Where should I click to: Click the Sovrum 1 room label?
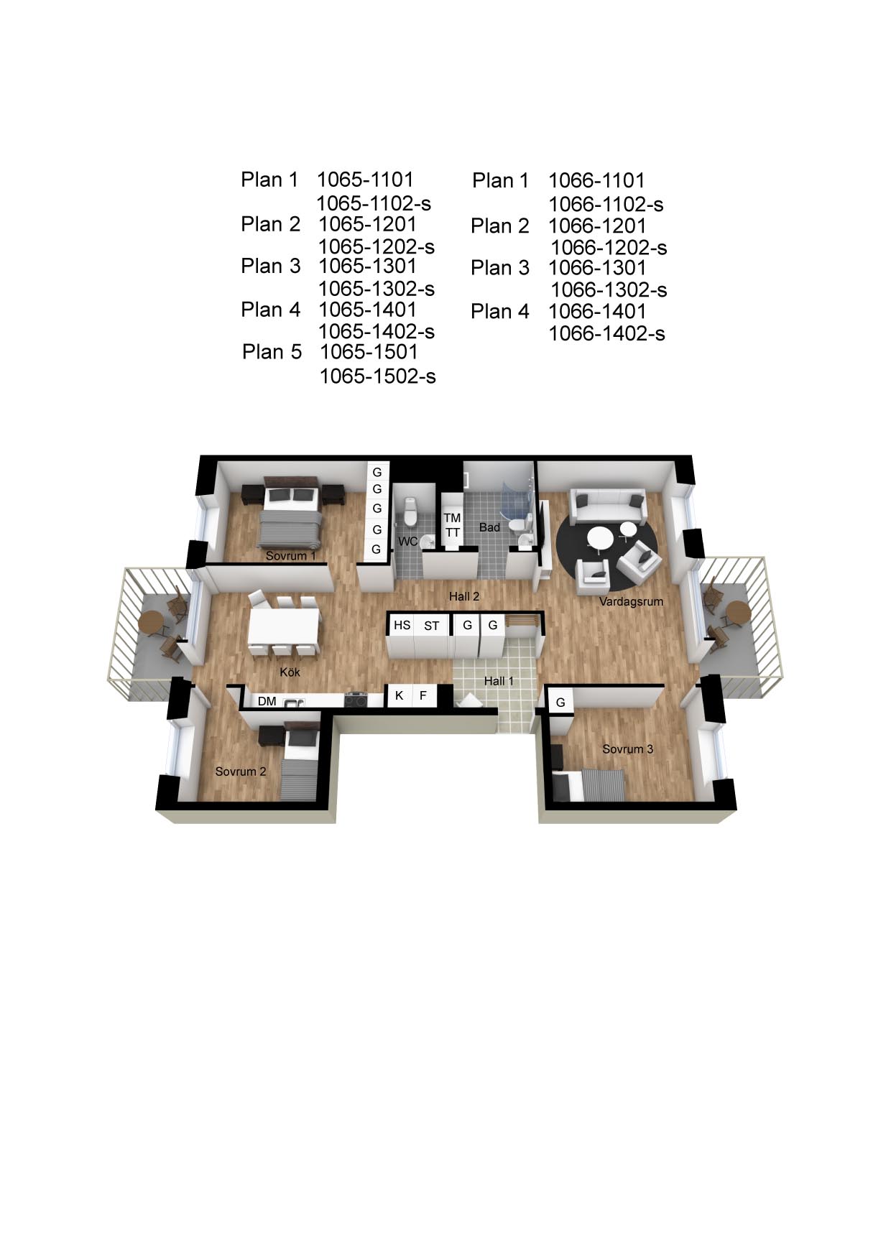click(x=291, y=556)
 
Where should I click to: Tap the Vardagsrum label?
click(x=631, y=602)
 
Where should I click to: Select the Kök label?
click(x=290, y=672)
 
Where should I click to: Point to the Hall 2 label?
click(x=464, y=596)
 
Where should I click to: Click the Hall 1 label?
click(x=499, y=680)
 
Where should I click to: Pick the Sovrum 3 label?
click(x=628, y=749)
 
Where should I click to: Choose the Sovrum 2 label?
click(x=241, y=772)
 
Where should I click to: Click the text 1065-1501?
click(x=369, y=352)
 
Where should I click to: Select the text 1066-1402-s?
click(x=607, y=334)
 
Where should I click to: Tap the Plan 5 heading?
click(x=272, y=352)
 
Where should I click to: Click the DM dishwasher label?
click(x=267, y=701)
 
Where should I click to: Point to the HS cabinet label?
click(x=402, y=625)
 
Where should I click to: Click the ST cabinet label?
click(x=431, y=626)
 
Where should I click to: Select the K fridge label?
click(x=400, y=695)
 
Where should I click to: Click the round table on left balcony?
click(x=152, y=624)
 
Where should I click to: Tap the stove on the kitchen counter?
click(x=356, y=698)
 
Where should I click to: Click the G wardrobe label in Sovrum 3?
click(x=560, y=703)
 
